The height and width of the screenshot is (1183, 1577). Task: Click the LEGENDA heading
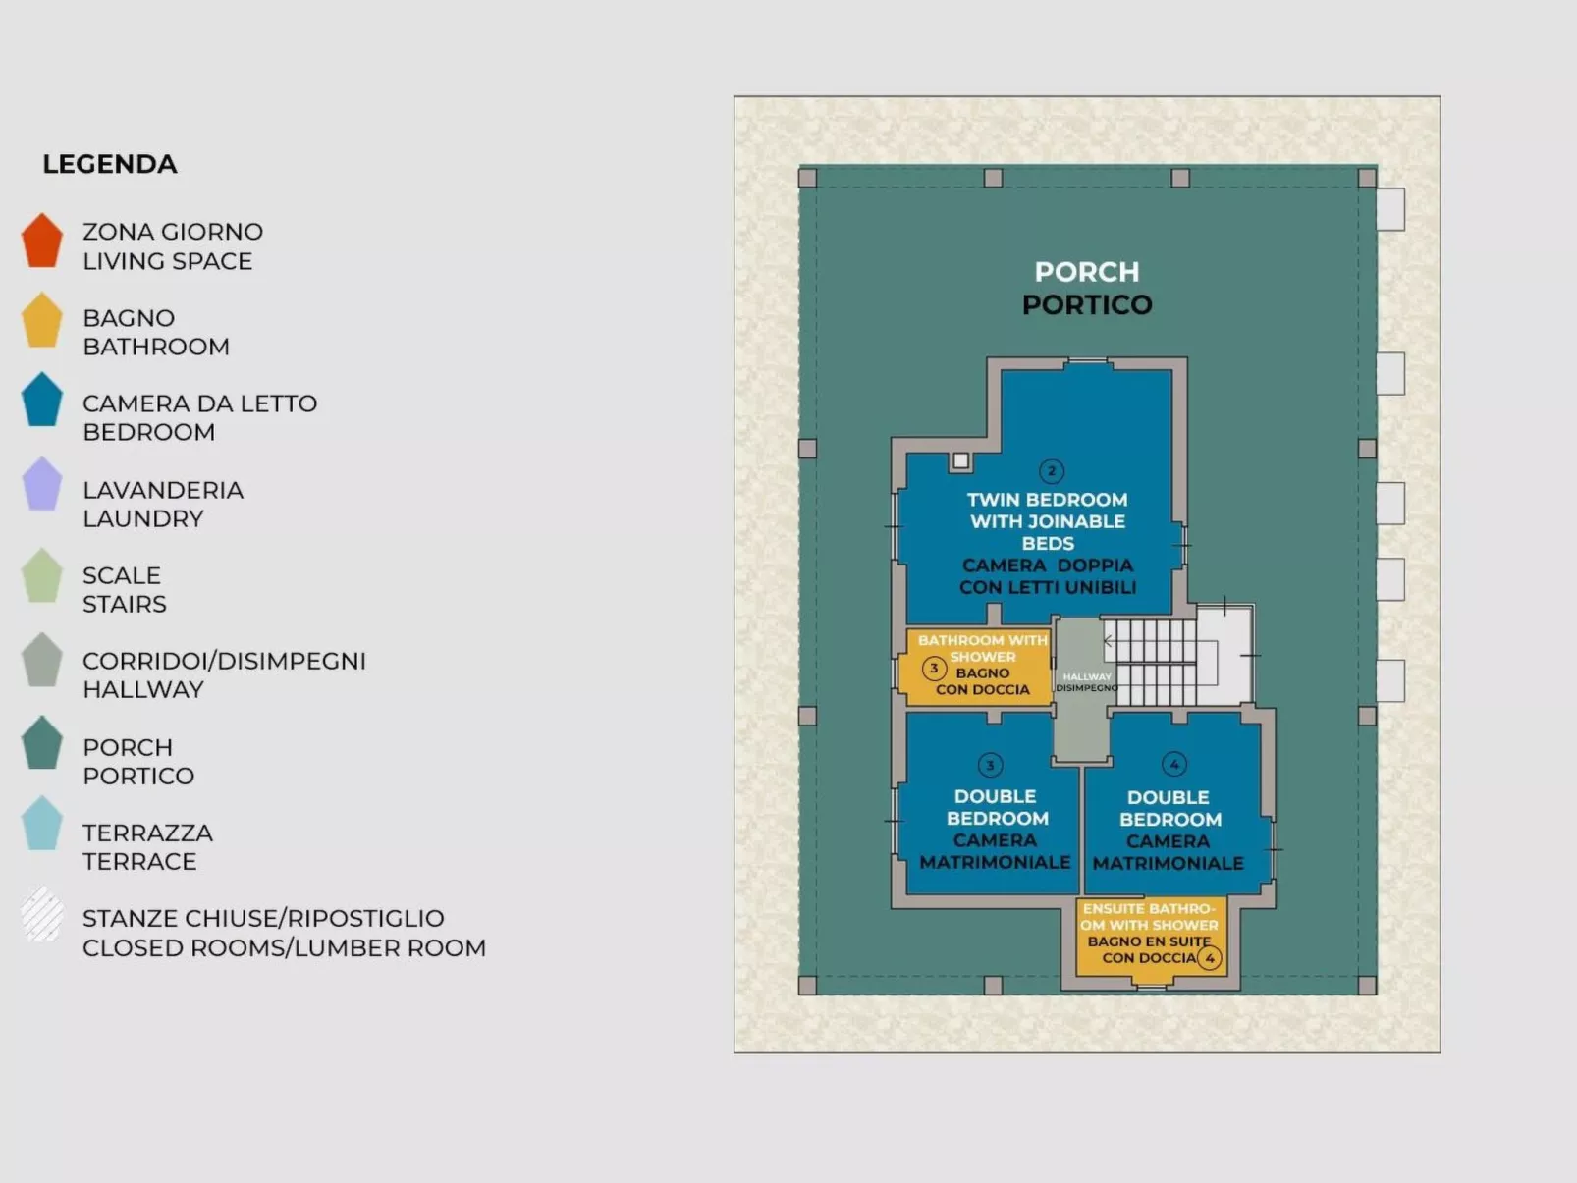coord(110,164)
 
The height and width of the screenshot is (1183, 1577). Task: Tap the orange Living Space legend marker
coord(42,242)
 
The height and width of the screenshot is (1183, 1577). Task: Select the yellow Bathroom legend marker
coord(42,321)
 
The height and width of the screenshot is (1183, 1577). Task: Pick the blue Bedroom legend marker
coord(42,401)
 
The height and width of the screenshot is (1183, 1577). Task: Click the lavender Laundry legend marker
coord(42,485)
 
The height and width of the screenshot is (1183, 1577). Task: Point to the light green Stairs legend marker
coord(42,576)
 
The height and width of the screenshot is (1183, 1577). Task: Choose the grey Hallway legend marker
coord(42,661)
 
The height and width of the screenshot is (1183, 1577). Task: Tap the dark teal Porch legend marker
coord(42,744)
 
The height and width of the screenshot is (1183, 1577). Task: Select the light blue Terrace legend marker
coord(42,825)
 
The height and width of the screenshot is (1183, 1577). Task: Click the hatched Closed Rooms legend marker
coord(42,915)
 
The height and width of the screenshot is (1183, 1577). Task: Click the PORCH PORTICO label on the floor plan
coord(1087,288)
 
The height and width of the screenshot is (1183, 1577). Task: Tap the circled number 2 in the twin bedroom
coord(1051,471)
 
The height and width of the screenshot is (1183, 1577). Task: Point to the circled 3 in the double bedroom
coord(990,765)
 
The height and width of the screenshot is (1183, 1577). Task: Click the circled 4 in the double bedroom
coord(1174,764)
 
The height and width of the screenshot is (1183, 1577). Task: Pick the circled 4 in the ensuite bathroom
coord(1210,957)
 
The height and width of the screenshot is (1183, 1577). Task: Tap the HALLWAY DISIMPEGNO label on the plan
coord(1086,682)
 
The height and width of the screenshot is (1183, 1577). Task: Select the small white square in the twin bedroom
coord(961,460)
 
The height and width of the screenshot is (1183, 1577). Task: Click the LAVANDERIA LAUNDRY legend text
coord(163,504)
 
